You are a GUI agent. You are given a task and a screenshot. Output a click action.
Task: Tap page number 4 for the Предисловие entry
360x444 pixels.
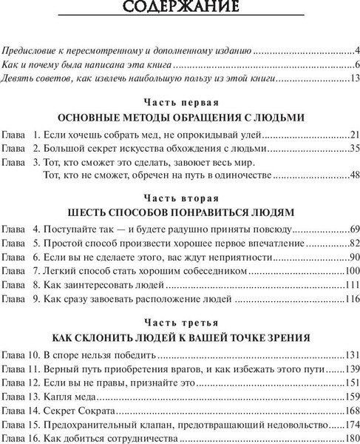[x=356, y=52]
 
